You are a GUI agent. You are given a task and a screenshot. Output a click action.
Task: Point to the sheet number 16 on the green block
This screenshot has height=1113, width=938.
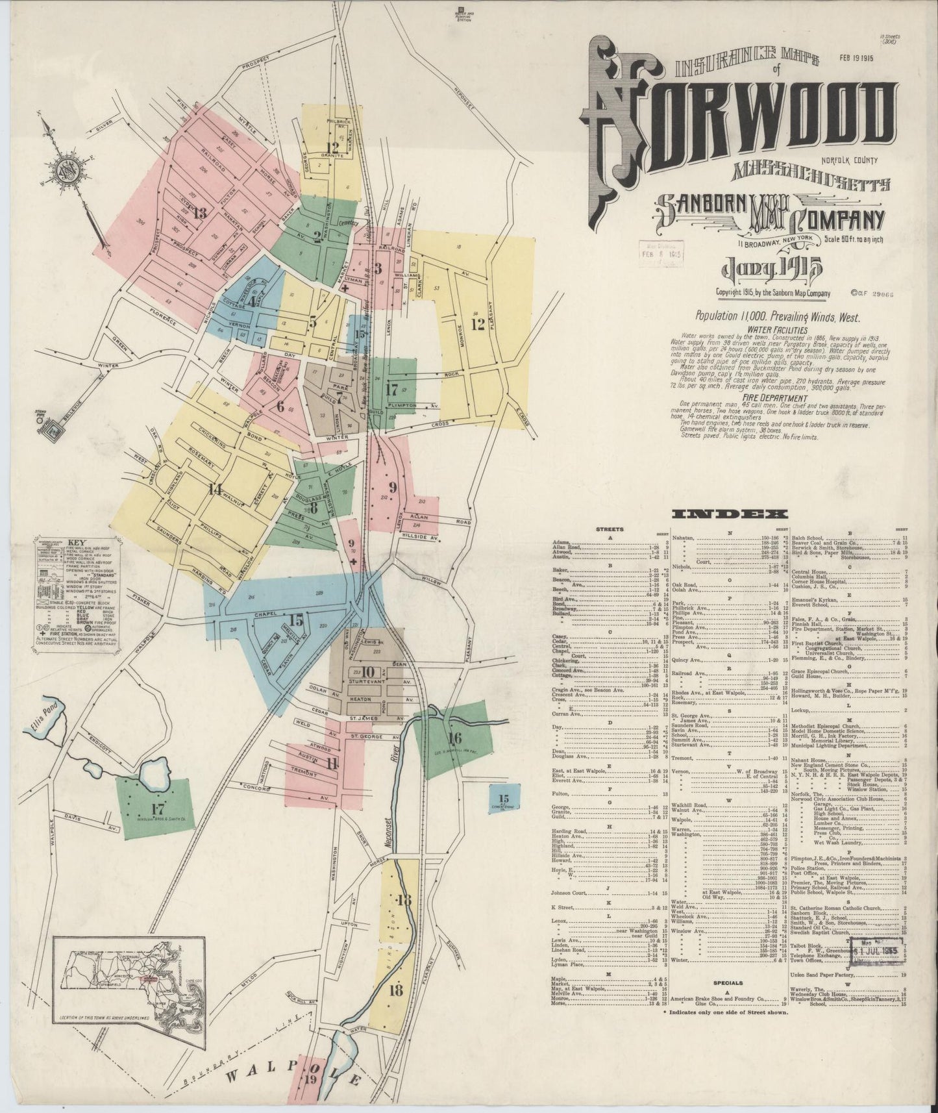tap(454, 738)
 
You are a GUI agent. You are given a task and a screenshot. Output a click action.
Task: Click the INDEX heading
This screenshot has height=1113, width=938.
tap(730, 514)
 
